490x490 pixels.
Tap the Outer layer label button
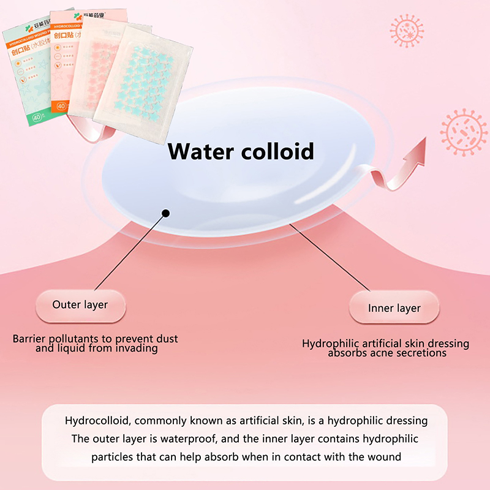click(x=80, y=304)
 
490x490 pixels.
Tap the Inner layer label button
click(x=394, y=307)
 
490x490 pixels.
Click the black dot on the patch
click(x=165, y=214)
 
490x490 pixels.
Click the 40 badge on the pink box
click(x=62, y=105)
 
